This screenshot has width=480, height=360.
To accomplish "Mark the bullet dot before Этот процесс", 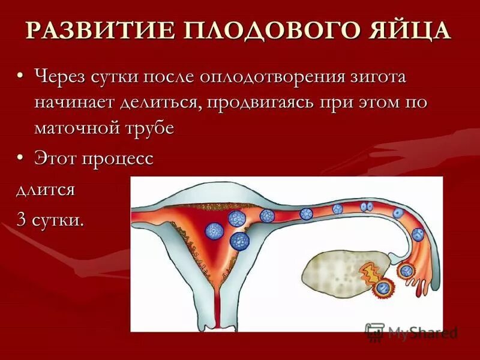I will (x=20, y=157).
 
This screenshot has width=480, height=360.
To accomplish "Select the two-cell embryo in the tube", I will (x=367, y=207).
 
